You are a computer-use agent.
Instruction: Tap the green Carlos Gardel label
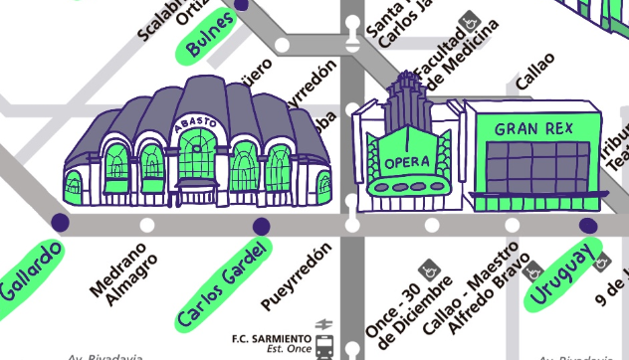tap(224, 284)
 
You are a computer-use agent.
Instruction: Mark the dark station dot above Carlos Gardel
tap(262, 225)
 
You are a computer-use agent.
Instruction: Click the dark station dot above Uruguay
tap(588, 225)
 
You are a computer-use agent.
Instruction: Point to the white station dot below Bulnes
tap(282, 45)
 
